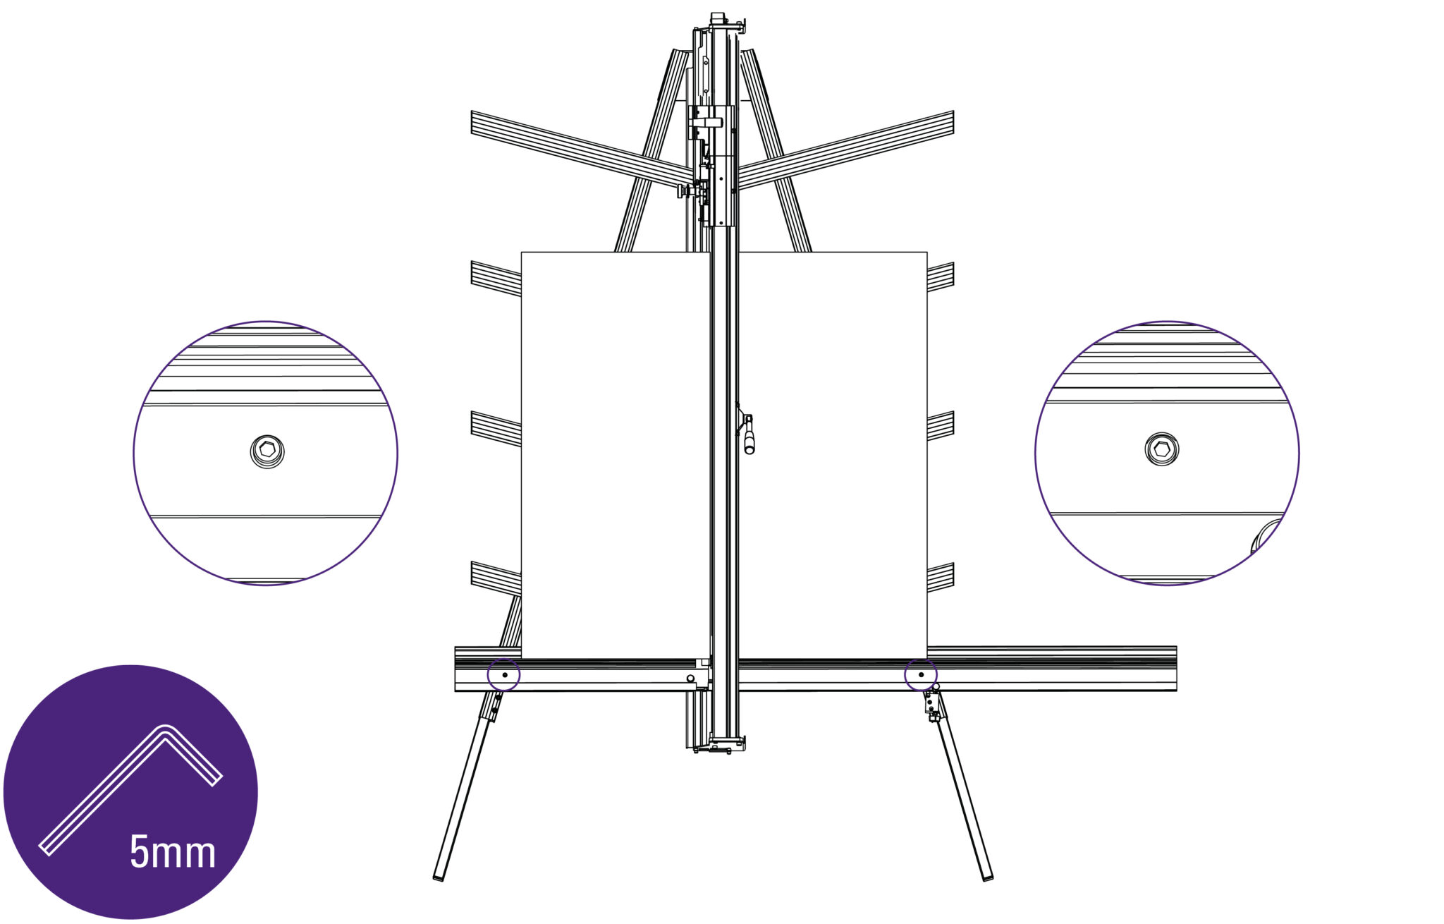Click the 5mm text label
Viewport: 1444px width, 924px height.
[x=173, y=851]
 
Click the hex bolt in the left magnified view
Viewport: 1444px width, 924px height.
[x=267, y=451]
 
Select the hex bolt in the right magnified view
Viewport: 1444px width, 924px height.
[x=1162, y=449]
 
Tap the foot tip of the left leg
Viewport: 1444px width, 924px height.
[x=439, y=877]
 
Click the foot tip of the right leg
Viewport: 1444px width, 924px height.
[x=988, y=877]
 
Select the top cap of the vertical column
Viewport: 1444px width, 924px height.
[x=718, y=18]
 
